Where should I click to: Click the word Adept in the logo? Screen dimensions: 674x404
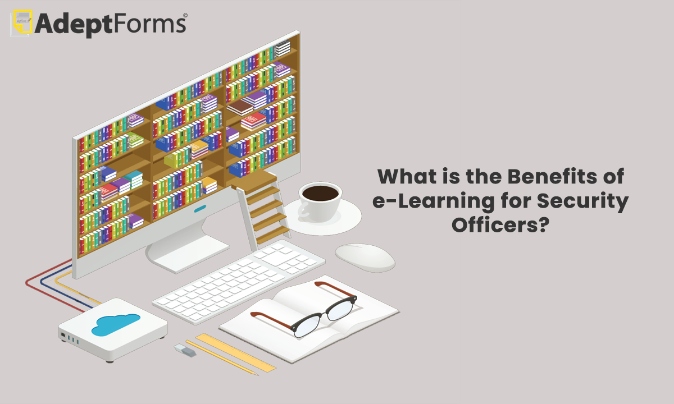[74, 25]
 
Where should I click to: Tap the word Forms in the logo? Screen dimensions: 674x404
[149, 24]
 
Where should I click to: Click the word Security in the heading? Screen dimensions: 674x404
[582, 202]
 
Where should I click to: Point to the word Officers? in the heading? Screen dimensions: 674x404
[500, 224]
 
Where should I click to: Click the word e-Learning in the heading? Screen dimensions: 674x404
[434, 202]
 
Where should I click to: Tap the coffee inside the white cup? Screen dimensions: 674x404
[320, 193]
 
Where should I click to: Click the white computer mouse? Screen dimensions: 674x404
[365, 258]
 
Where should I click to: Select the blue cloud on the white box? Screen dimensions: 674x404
[116, 324]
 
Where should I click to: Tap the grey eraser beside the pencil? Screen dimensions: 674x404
[185, 351]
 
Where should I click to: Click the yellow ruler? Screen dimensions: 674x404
[235, 352]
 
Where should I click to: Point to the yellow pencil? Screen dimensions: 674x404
[222, 358]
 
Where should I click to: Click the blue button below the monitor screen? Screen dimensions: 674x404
[200, 208]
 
